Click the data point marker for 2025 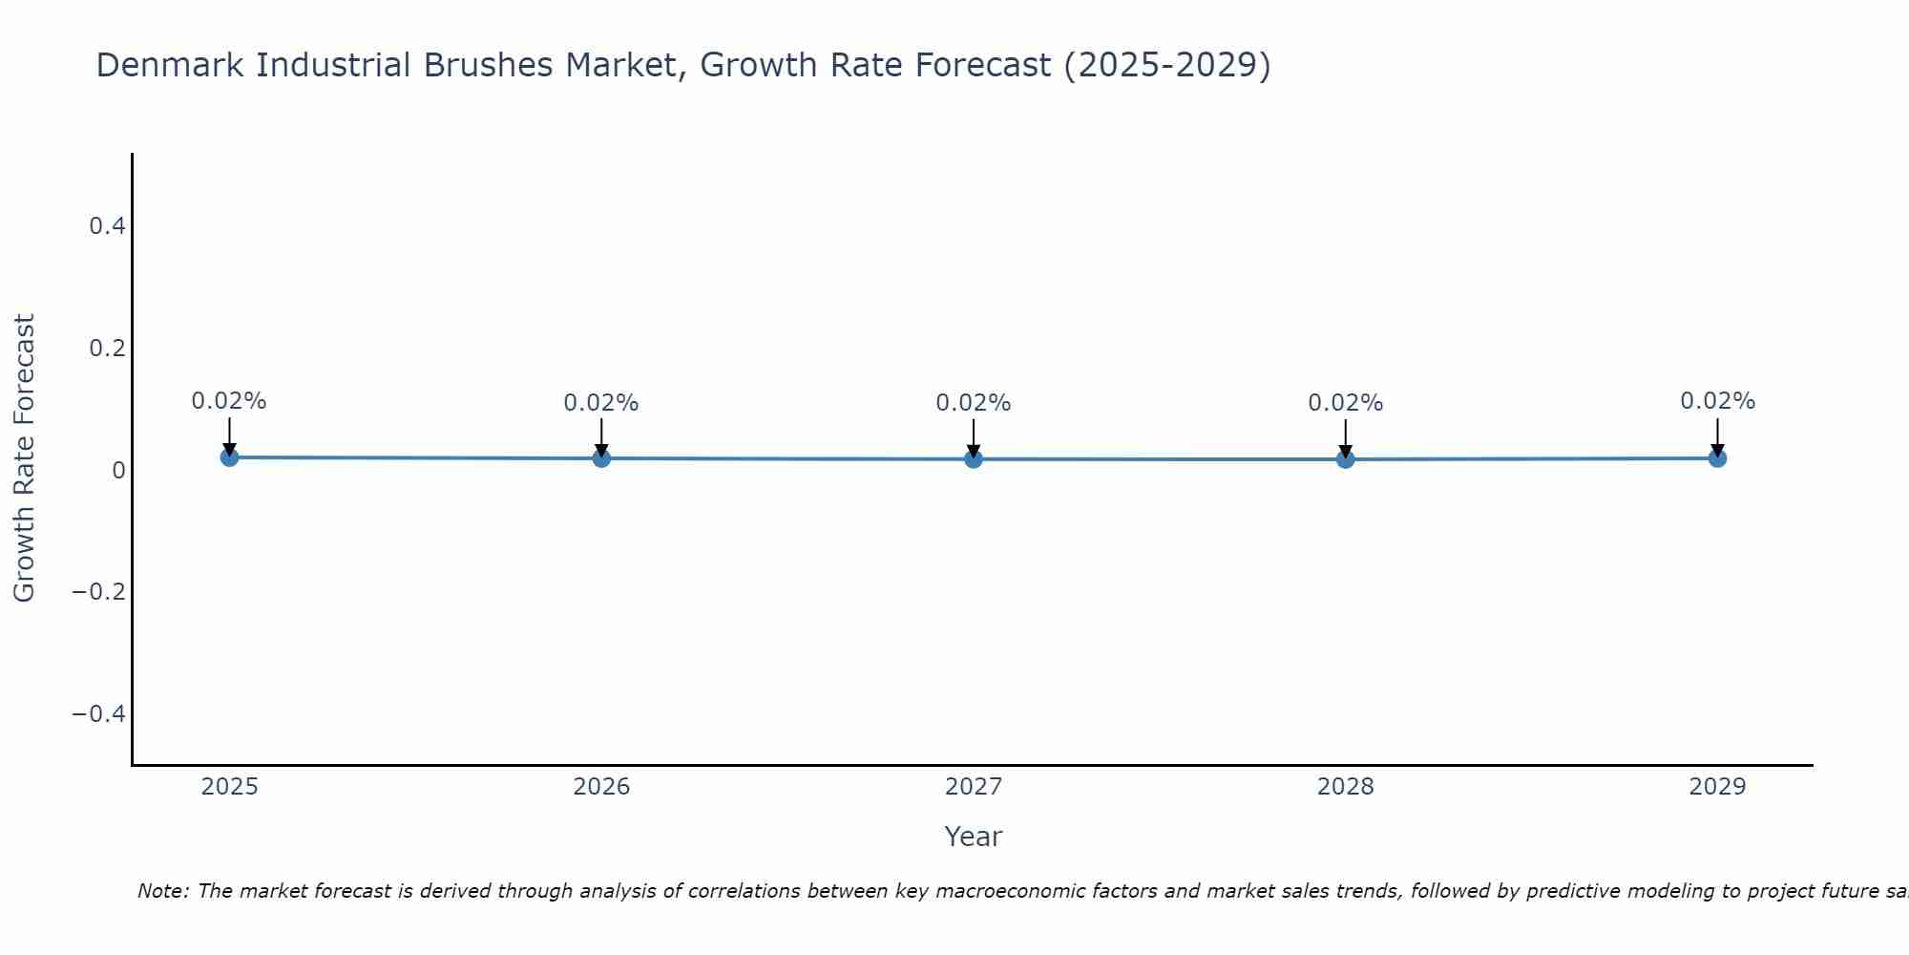click(229, 457)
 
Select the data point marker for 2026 click(601, 458)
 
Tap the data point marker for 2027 click(974, 459)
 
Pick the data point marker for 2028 click(1345, 459)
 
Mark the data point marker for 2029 click(1717, 458)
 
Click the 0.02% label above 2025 click(229, 401)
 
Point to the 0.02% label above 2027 click(974, 403)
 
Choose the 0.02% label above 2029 click(1717, 401)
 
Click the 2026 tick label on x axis click(601, 787)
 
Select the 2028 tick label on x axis click(1345, 787)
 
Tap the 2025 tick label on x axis click(230, 787)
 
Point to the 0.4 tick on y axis click(107, 226)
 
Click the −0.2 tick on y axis click(99, 592)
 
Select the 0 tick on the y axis click(118, 470)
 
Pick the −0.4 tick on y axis click(99, 714)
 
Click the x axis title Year click(973, 837)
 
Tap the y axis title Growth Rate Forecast click(24, 458)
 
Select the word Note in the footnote click(162, 891)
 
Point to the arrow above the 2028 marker click(1345, 437)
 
